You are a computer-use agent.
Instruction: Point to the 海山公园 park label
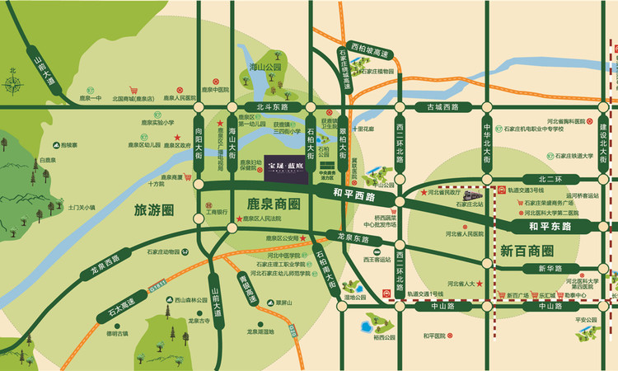coord(266,66)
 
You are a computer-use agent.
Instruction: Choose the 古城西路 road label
coord(437,107)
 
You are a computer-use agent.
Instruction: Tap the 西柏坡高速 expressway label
coord(368,49)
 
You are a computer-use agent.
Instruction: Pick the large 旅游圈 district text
coord(154,210)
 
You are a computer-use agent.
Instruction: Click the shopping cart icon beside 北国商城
coord(132,91)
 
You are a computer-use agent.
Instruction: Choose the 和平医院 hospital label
coord(433,336)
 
